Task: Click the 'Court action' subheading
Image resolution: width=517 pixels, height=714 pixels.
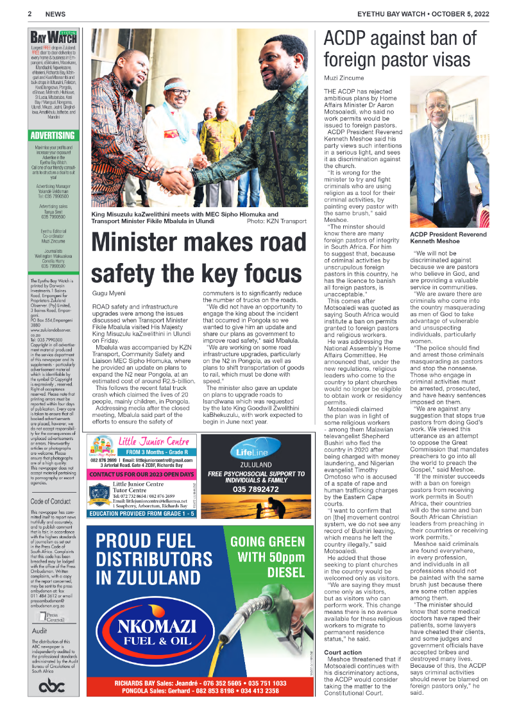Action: click(343, 652)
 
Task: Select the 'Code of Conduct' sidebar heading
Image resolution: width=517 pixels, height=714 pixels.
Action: click(50, 484)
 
